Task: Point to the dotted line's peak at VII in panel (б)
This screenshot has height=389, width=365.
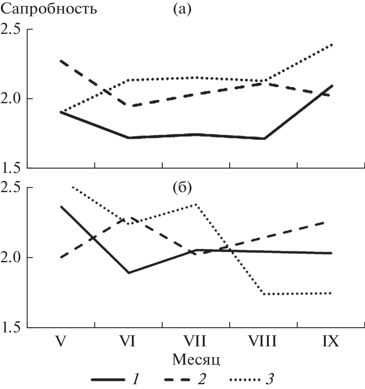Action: click(x=196, y=204)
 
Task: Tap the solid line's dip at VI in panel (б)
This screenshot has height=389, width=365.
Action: click(x=129, y=273)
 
